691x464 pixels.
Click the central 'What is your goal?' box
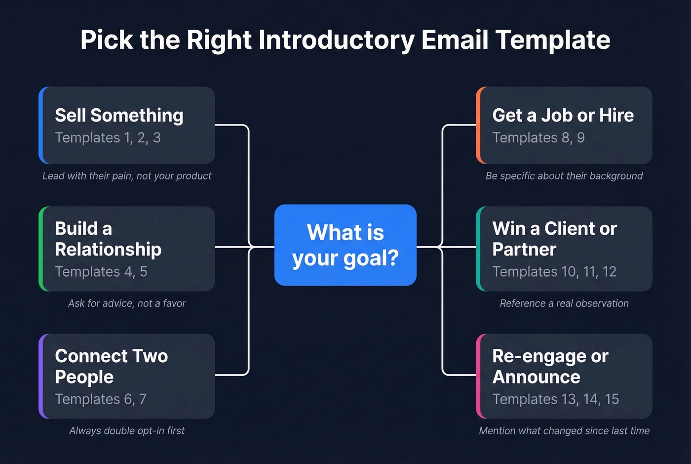[x=345, y=245]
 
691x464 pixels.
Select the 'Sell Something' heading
[x=119, y=115]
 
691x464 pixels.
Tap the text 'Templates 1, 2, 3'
[x=108, y=138]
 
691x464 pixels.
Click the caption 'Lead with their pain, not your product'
[x=127, y=176]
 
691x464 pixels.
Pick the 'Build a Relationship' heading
[x=108, y=239]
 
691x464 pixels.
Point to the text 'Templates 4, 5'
[x=101, y=272]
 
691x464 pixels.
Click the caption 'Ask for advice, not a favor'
[x=127, y=303]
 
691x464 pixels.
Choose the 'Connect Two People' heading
[x=111, y=366]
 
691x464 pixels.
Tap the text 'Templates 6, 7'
[x=101, y=399]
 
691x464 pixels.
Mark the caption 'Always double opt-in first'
[x=127, y=431]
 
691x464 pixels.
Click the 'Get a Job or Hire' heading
[x=563, y=115]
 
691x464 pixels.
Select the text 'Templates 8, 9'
[x=538, y=138]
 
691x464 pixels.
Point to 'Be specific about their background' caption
[x=564, y=176]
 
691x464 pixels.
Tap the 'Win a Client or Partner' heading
[x=554, y=239]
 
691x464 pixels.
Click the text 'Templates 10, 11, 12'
[x=554, y=272]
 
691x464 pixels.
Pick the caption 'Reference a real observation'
[x=564, y=303]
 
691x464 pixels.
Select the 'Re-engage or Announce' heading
[x=550, y=366]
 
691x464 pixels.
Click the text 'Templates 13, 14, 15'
[x=555, y=399]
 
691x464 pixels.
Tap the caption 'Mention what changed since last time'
[x=564, y=431]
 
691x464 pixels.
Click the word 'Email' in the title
[x=454, y=40]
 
